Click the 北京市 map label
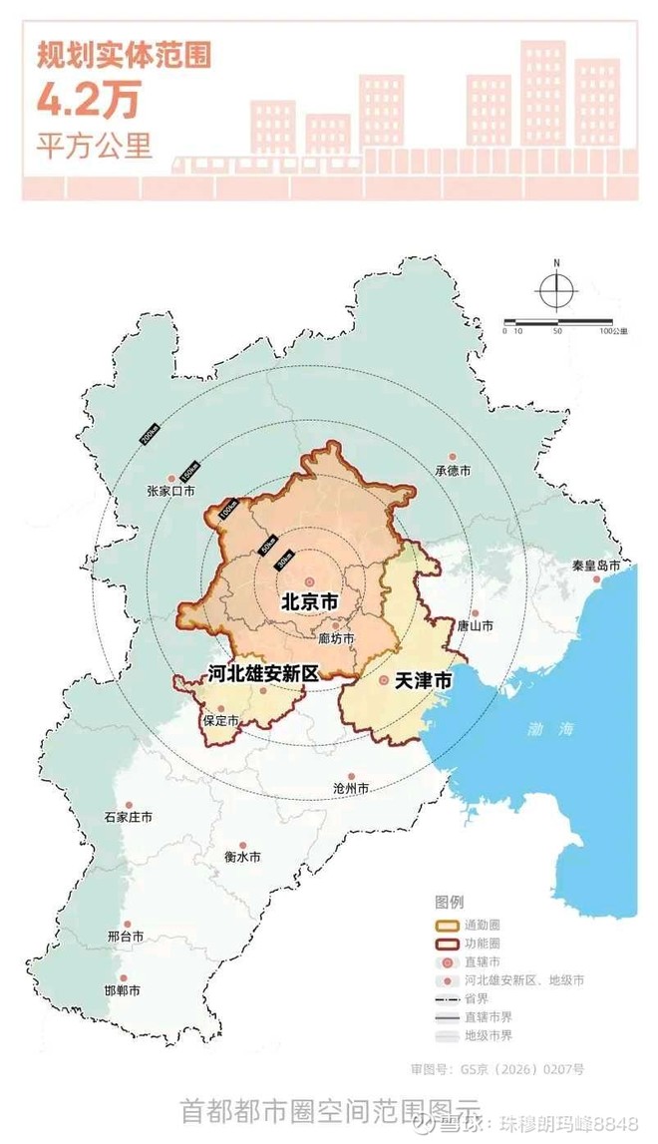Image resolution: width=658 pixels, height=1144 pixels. [x=309, y=602]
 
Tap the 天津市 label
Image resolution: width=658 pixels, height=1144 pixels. [x=423, y=681]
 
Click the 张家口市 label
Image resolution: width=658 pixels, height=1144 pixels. [x=170, y=491]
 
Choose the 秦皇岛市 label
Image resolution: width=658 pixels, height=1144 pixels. [x=596, y=567]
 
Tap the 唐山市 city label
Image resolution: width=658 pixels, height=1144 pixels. [x=476, y=626]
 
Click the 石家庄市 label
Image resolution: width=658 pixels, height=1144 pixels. [x=129, y=817]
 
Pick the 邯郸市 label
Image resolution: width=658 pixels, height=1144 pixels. [x=123, y=991]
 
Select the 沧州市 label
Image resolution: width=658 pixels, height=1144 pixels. [x=351, y=788]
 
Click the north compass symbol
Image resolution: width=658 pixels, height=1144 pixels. [x=556, y=288]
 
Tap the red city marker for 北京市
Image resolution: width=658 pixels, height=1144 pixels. [x=309, y=580]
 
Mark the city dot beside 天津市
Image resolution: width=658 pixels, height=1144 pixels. [x=384, y=681]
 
